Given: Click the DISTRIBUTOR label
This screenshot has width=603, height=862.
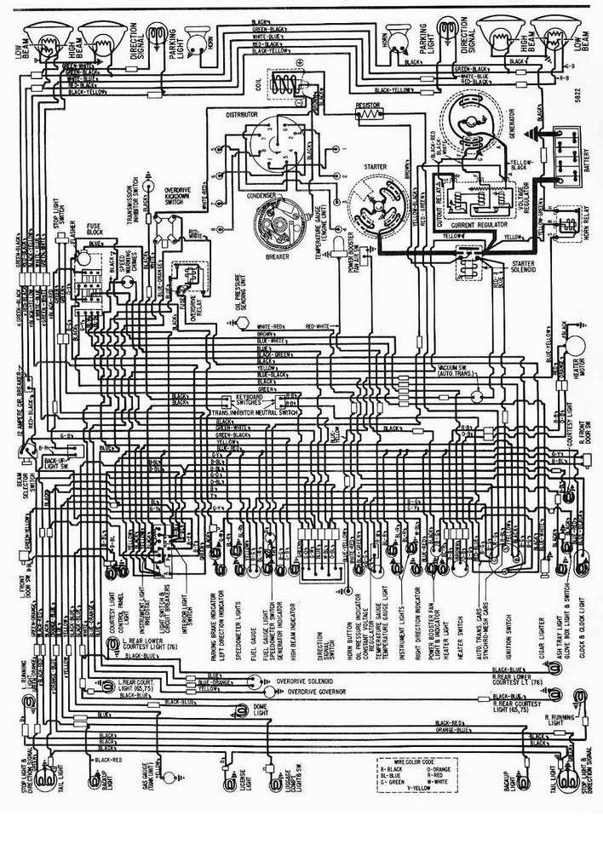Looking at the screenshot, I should point(245,113).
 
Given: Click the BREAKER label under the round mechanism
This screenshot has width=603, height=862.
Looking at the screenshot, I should point(278,256).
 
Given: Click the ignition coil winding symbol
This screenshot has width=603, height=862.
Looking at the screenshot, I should point(284,83).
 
